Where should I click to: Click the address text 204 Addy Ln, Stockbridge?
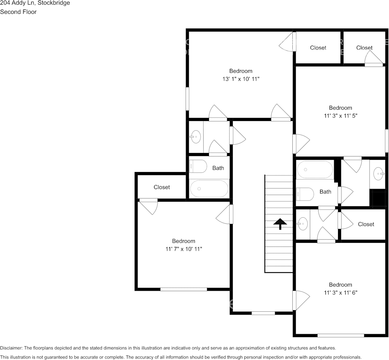[x=35, y=3]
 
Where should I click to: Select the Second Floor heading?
[x=18, y=12]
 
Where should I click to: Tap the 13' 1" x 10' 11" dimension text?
[x=241, y=79]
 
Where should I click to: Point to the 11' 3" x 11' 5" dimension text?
[x=340, y=116]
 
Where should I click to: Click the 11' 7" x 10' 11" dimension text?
[x=183, y=249]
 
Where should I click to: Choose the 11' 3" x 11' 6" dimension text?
[x=340, y=293]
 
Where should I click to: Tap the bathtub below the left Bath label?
[x=209, y=188]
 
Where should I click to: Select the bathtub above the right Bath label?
[x=315, y=169]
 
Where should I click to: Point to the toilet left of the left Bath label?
[x=198, y=166]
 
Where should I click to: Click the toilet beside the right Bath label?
[x=305, y=194]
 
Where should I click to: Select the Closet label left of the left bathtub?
[x=162, y=187]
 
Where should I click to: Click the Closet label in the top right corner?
[x=364, y=48]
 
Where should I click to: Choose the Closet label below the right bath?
[x=366, y=224]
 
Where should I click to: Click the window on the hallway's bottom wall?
[x=263, y=313]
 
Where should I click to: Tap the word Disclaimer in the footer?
[x=11, y=348]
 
